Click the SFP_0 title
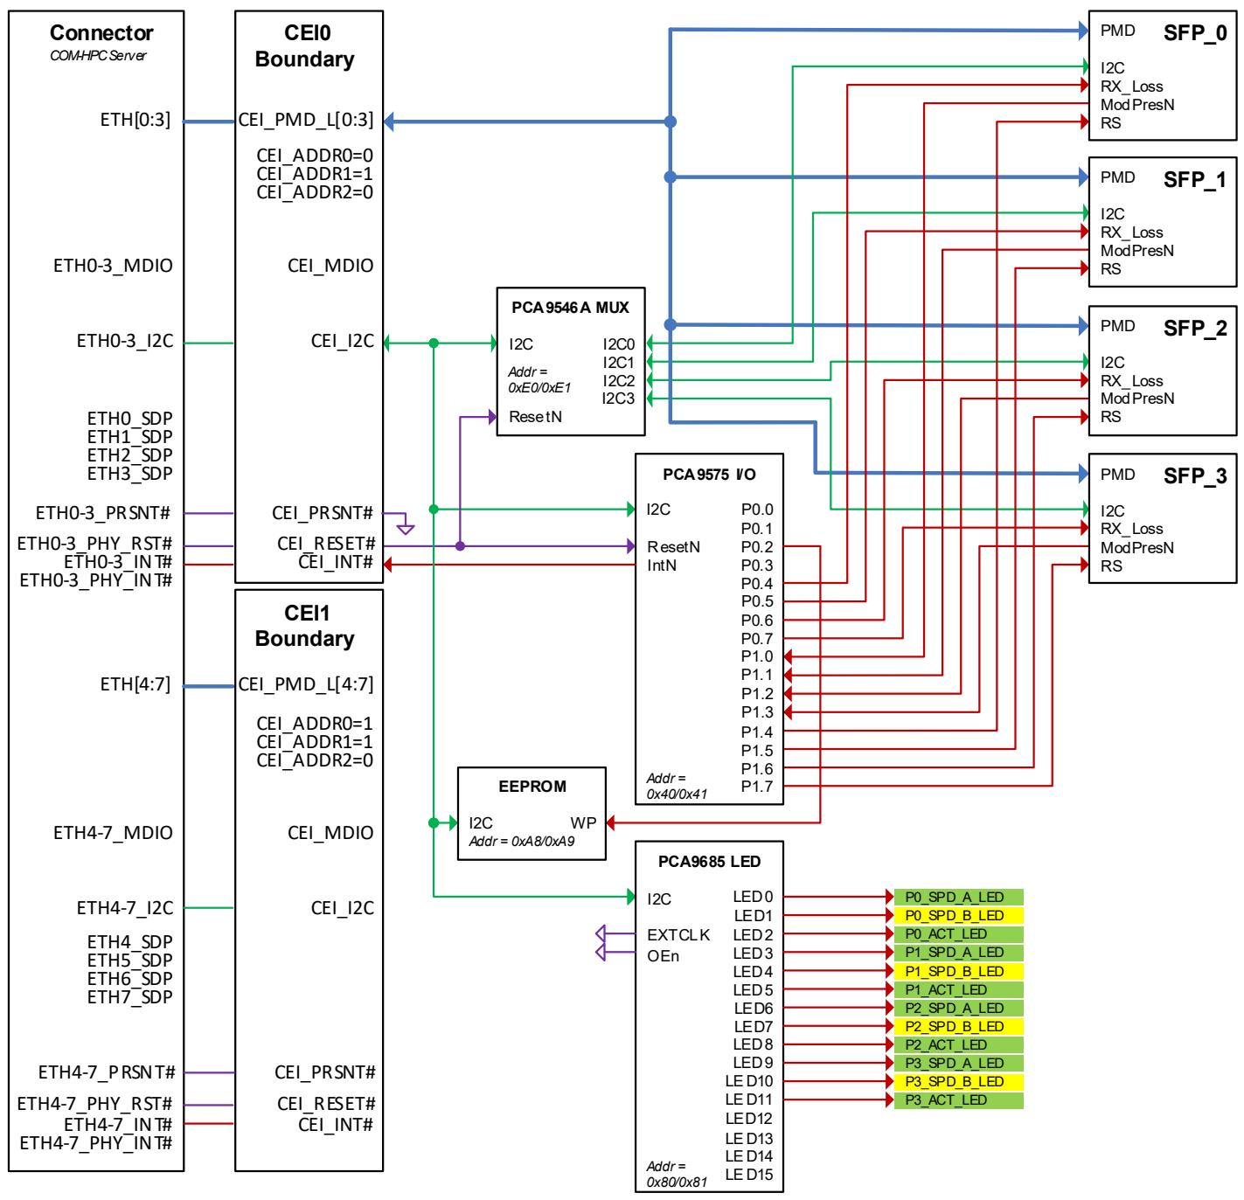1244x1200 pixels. pyautogui.click(x=1193, y=32)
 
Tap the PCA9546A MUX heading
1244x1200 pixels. pyautogui.click(x=569, y=307)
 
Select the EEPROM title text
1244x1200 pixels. pyautogui.click(x=532, y=785)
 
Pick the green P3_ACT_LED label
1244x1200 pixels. pyautogui.click(x=957, y=1098)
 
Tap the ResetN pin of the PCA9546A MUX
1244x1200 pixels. pyautogui.click(x=534, y=416)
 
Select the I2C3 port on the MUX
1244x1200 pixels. pyautogui.click(x=617, y=398)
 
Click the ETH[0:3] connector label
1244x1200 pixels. pyautogui.click(x=135, y=120)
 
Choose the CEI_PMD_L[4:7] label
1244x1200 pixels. pyautogui.click(x=305, y=683)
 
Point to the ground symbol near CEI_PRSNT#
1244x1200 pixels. pyautogui.click(x=405, y=528)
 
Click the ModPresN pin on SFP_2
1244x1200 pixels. pyautogui.click(x=1136, y=398)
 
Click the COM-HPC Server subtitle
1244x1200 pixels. pyautogui.click(x=98, y=56)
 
